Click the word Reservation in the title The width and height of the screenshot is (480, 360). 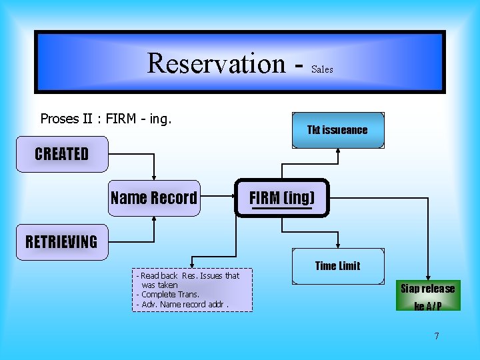216,63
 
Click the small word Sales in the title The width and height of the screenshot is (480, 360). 322,69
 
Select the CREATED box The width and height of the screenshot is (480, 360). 62,154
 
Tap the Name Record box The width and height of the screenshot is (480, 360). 154,198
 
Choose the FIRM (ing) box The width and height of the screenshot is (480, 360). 282,198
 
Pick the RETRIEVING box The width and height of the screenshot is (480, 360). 61,241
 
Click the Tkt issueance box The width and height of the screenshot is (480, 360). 337,130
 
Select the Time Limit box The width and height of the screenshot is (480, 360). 337,266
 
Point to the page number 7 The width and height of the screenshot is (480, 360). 437,336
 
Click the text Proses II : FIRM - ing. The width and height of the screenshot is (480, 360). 106,119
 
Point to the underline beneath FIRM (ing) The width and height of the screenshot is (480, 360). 282,209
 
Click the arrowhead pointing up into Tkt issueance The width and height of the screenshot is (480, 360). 338,150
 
